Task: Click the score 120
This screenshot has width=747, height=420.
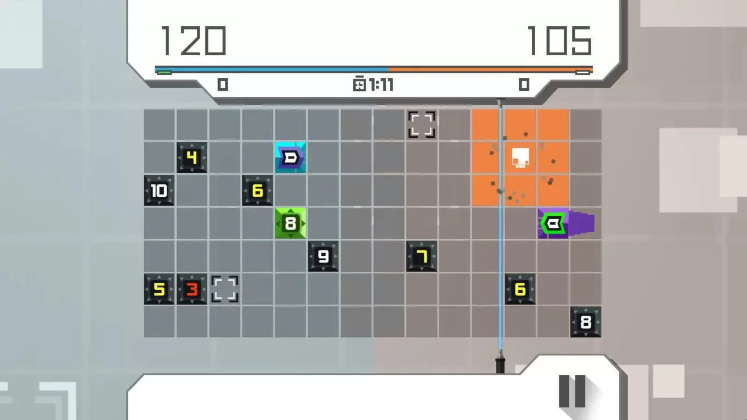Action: (194, 41)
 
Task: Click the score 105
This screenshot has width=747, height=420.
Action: (559, 41)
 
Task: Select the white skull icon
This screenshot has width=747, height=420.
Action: (520, 158)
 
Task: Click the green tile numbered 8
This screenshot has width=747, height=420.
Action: (290, 223)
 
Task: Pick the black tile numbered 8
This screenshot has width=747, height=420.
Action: (586, 322)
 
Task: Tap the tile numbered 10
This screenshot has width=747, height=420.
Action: (159, 190)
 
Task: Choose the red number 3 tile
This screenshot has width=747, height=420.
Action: (192, 289)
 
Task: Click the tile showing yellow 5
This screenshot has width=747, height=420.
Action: (159, 289)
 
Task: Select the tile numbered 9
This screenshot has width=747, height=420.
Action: (323, 256)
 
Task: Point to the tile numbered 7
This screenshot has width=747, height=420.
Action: (422, 256)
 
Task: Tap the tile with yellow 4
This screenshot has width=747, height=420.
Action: (192, 157)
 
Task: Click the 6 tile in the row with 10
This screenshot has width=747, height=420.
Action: (258, 190)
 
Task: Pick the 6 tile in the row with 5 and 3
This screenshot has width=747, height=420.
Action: (520, 289)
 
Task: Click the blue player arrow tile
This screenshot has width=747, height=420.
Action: (290, 157)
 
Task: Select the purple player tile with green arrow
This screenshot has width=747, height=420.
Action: (553, 223)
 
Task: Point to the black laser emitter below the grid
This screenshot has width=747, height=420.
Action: (500, 366)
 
